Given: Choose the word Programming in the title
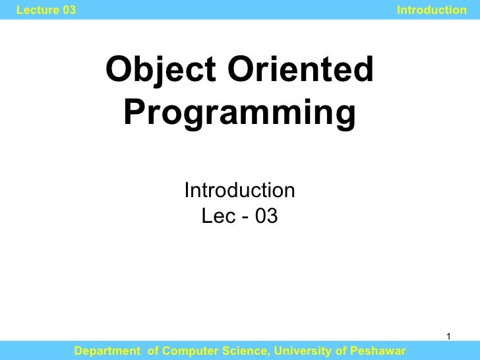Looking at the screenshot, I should point(239,113).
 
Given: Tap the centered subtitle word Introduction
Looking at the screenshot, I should point(239,191).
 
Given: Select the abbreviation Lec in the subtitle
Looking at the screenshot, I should point(215,216).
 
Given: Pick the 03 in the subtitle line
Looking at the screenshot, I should point(264,216).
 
